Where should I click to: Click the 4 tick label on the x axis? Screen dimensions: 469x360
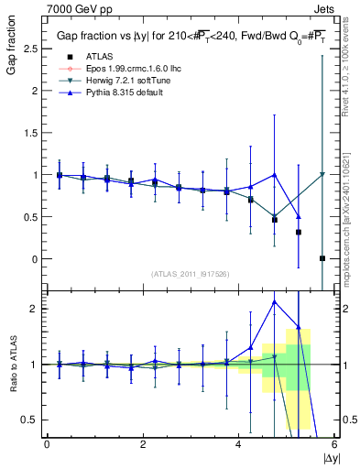click(238, 444)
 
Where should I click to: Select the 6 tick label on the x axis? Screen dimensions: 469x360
click(334, 444)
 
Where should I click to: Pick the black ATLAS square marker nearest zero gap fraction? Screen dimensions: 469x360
click(322, 258)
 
